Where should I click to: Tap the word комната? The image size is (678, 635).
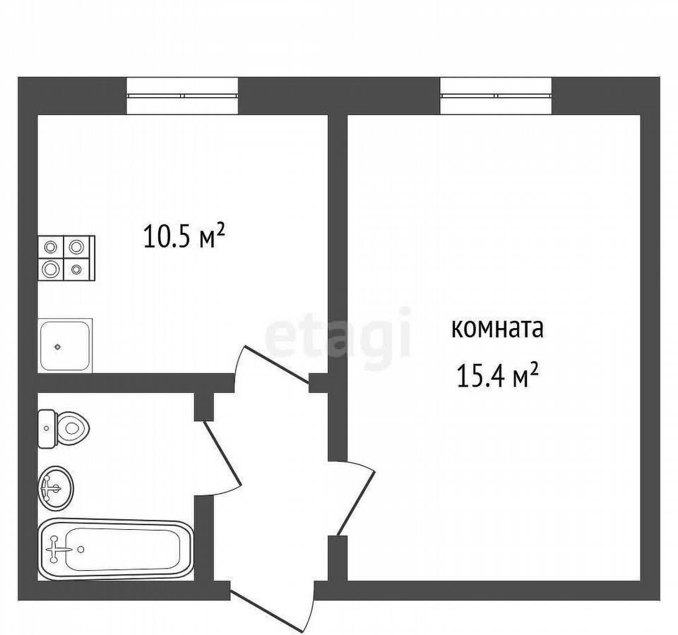point(497,329)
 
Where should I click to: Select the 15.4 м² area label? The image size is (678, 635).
point(498,376)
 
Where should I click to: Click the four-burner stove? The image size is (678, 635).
point(66,258)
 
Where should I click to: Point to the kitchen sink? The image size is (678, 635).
point(65,345)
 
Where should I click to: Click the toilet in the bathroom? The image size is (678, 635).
point(64,428)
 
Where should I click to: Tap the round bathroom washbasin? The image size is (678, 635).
point(56,488)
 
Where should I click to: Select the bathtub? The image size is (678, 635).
point(115,549)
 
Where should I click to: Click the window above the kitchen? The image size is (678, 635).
point(182,95)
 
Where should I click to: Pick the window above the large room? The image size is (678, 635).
point(496,95)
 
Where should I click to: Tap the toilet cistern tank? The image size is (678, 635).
point(47,428)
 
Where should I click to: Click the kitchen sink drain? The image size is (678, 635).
point(57,346)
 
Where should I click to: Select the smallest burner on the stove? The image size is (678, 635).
point(76,270)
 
